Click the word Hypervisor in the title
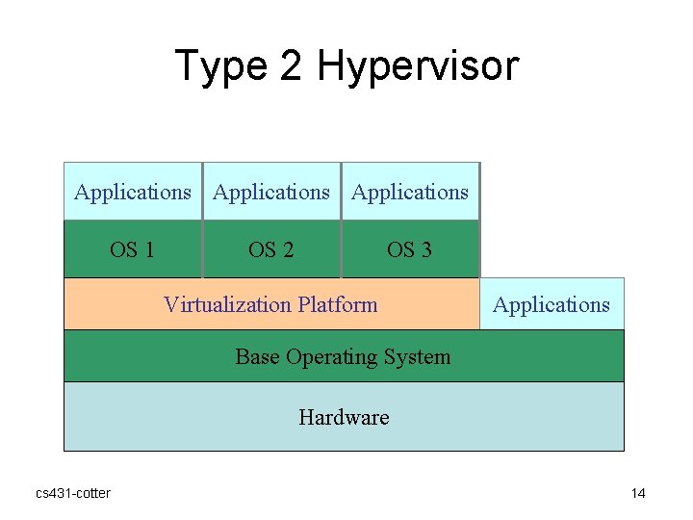(418, 67)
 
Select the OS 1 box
(133, 249)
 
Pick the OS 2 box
(271, 249)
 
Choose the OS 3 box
(410, 249)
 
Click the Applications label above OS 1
(133, 192)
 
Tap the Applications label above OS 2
(271, 192)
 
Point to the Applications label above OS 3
(410, 192)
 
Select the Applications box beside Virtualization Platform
(552, 304)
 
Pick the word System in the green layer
(417, 357)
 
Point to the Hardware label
(344, 417)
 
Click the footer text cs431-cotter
(73, 493)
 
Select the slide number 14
(638, 493)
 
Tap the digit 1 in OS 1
(148, 250)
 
